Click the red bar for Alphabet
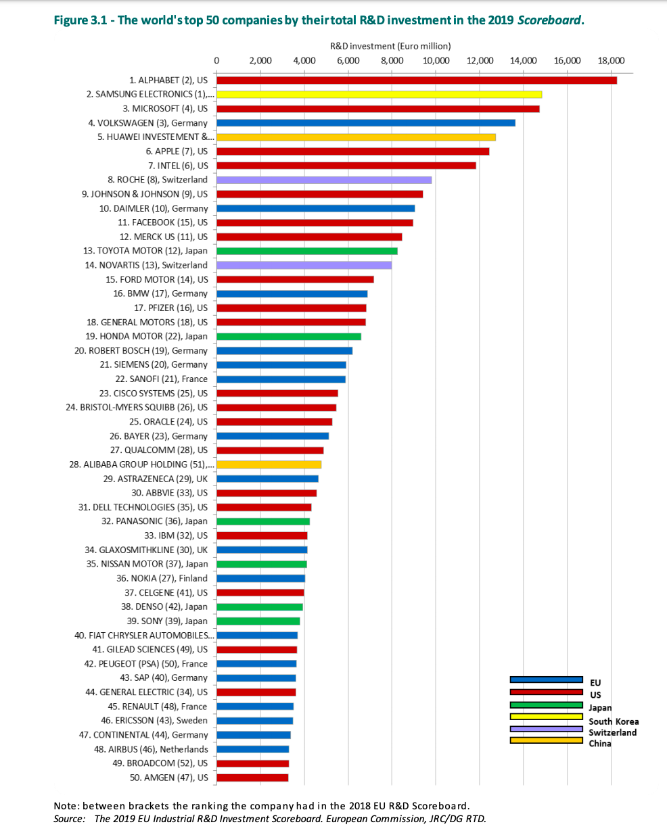tap(416, 80)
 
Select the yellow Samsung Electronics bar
tap(379, 95)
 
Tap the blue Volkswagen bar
tap(365, 123)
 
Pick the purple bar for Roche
tap(324, 180)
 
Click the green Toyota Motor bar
tap(306, 251)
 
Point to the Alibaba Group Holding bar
tap(269, 465)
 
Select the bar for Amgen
tap(252, 778)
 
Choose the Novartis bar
tap(304, 265)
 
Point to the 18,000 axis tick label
tap(611, 61)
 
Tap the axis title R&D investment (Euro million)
tap(390, 46)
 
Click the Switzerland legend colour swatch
tap(546, 729)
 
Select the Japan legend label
tap(601, 707)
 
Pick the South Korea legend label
tap(614, 721)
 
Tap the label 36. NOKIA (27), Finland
tap(162, 578)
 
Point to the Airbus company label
tap(151, 749)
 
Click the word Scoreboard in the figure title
tap(549, 20)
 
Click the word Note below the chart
tap(65, 806)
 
